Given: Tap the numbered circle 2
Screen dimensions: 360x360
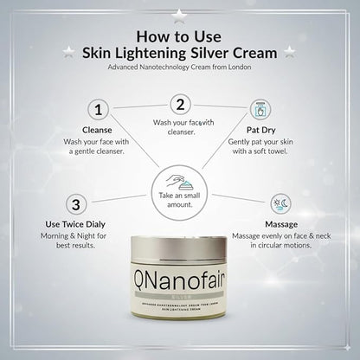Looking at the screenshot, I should click(180, 104).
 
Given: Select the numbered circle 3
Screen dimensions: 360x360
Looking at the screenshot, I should click(77, 204).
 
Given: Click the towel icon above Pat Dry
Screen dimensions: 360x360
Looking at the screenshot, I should click(260, 109).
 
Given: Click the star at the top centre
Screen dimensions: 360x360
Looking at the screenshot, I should click(179, 13).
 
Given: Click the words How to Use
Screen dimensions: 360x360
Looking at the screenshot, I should click(179, 35).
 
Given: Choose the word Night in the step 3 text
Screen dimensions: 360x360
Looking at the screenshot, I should click(93, 235).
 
